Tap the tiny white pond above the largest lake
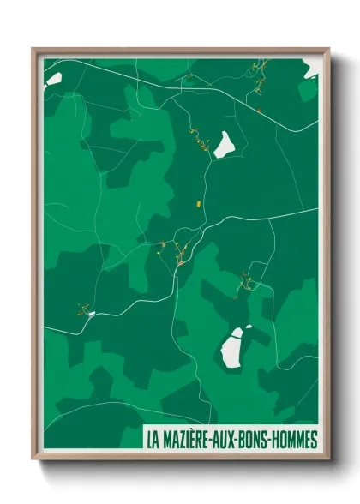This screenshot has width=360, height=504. tap(249, 327)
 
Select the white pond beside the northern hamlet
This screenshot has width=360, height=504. tap(225, 144)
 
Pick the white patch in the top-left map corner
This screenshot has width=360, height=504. tap(53, 80)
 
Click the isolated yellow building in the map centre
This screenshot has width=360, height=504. tap(198, 204)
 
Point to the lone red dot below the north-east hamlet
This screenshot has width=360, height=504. tap(258, 110)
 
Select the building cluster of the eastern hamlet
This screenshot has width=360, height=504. tap(246, 281)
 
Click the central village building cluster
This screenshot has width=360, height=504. tap(180, 252)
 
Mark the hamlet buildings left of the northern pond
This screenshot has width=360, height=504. tap(199, 139)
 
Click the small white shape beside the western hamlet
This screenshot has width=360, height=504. tap(92, 315)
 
